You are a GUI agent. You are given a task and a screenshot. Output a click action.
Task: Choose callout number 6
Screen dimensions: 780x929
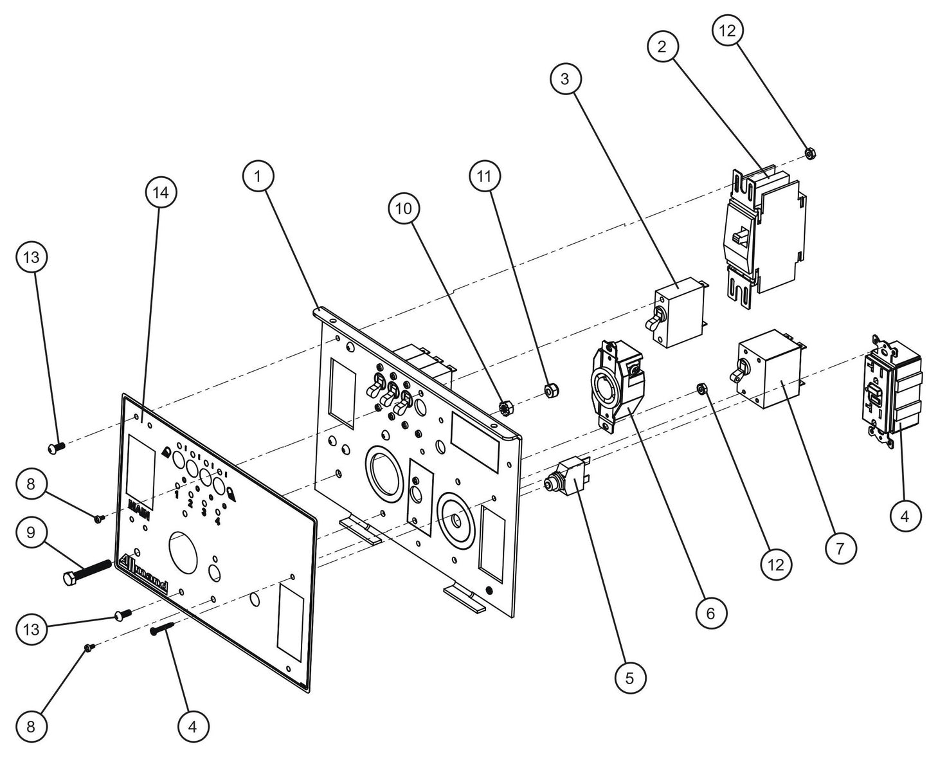(710, 613)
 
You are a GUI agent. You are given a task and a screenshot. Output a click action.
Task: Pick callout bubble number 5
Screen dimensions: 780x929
(629, 677)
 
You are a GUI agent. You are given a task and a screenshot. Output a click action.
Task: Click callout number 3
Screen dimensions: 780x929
(566, 79)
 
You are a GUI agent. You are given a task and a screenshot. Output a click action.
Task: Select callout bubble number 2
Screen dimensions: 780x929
(663, 46)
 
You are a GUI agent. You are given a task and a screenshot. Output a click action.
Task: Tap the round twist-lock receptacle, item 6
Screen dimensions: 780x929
(614, 385)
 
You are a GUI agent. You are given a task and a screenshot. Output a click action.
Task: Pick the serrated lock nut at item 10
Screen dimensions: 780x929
(505, 407)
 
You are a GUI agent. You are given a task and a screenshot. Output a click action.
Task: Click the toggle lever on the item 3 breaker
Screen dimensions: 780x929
(656, 318)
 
